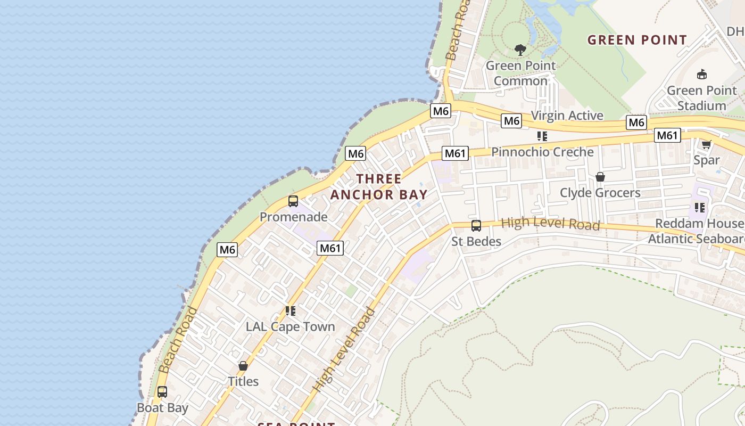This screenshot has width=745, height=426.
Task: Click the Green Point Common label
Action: point(520,73)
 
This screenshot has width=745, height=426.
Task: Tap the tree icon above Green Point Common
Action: point(520,50)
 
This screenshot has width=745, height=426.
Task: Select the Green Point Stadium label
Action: point(701,98)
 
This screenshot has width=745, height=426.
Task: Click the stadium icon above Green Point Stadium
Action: point(702,75)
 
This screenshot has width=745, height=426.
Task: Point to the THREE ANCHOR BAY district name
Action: point(379,186)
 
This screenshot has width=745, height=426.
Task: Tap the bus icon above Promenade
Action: point(293,201)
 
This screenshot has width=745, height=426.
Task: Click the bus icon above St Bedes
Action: point(476,226)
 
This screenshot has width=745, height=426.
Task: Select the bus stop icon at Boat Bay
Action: point(162,392)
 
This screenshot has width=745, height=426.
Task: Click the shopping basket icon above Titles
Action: point(243,366)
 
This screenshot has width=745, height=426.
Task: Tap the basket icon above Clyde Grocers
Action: point(600,177)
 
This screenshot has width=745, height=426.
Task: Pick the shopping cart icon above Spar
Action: point(707,144)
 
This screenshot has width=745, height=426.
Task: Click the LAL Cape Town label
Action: point(290,326)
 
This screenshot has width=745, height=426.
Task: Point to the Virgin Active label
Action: point(567,116)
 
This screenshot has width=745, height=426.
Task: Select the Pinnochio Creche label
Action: point(542,152)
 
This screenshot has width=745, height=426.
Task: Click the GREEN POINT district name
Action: point(637,40)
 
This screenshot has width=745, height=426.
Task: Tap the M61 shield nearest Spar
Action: point(667,135)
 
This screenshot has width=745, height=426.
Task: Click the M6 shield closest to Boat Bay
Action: point(227,249)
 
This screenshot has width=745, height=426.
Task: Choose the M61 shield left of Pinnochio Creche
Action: point(455,154)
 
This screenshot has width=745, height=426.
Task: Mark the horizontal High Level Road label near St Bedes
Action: point(550,224)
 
